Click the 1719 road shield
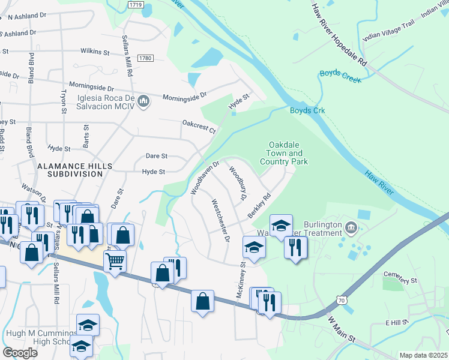[x=136, y=4]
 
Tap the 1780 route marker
[x=145, y=58]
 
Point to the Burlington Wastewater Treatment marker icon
[x=352, y=227]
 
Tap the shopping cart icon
[x=114, y=261]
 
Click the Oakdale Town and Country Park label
[x=283, y=153]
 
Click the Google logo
[x=20, y=352]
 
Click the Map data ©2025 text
[x=423, y=355]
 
